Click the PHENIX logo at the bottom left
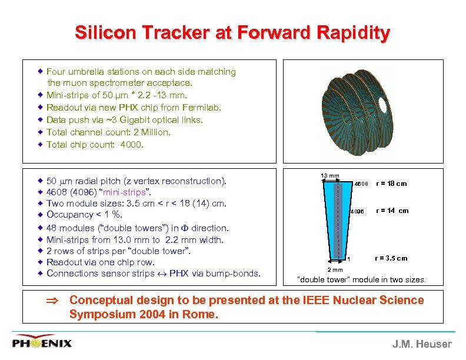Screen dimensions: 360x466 tap(42, 343)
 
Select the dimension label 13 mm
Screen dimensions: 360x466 tap(329, 176)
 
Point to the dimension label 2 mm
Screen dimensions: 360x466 tap(335, 269)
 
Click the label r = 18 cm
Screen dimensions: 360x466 tap(391, 184)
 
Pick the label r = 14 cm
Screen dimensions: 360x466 tap(392, 211)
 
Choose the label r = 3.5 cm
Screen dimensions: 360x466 tap(391, 258)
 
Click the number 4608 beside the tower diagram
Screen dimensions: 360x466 tap(361, 184)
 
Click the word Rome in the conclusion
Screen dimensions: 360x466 tap(202, 315)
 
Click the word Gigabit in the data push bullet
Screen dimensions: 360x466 tap(130, 120)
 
